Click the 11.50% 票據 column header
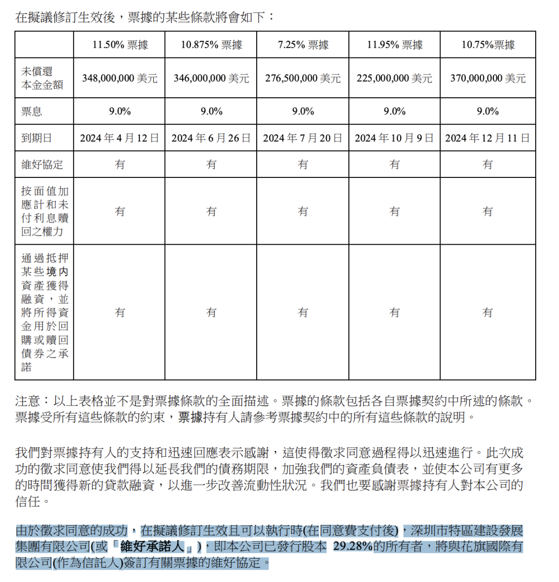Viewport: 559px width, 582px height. point(120,45)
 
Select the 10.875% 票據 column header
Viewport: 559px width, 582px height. point(211,45)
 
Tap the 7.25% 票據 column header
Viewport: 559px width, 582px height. point(303,45)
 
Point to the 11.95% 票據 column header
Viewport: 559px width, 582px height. point(394,45)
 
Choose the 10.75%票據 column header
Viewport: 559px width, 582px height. point(488,45)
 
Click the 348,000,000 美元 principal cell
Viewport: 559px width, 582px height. point(120,78)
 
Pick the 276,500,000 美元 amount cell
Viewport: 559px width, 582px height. point(303,78)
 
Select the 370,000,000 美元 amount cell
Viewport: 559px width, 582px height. point(488,78)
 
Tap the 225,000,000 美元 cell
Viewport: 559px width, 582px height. point(394,78)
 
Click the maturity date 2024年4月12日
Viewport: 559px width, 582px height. point(120,138)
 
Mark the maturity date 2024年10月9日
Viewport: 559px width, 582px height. point(394,138)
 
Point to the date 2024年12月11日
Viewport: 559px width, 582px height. point(488,138)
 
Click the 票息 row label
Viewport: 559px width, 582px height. point(32,111)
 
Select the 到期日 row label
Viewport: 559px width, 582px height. point(37,138)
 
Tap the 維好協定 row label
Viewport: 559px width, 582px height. point(42,165)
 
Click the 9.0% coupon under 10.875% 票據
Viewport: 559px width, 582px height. point(211,111)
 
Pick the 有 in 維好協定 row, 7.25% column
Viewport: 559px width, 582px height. point(303,165)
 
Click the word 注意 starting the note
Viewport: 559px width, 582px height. point(26,401)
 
